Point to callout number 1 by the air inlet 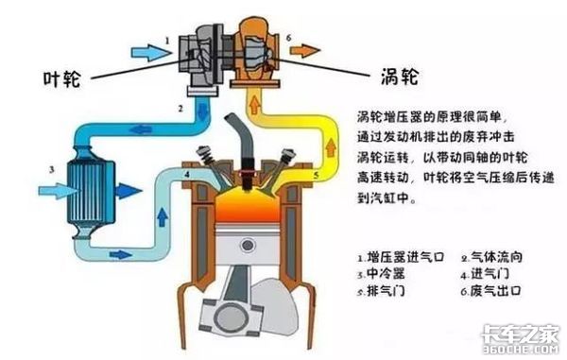[x=166, y=41]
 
